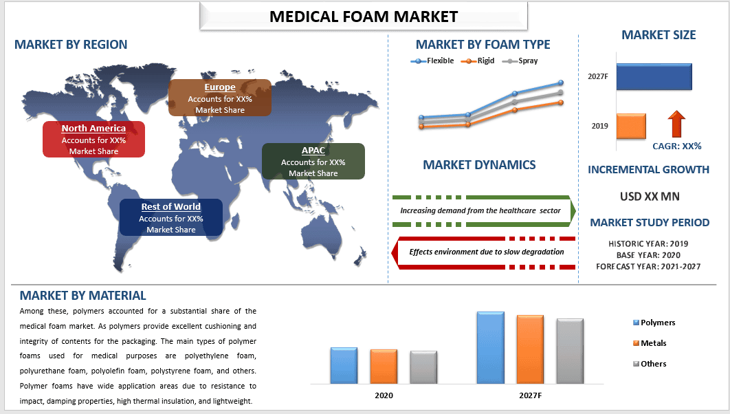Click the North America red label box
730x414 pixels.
93,139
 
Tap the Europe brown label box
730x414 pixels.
220,98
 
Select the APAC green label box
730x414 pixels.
313,161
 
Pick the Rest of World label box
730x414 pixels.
171,217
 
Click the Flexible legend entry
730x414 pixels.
432,61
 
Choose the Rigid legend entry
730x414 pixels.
478,61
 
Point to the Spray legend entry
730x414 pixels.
520,61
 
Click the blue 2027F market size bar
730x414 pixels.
654,76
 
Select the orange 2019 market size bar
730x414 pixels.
631,126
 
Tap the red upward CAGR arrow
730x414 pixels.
676,124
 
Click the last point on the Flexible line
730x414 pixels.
561,83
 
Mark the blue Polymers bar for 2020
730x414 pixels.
344,366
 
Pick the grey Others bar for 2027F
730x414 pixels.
570,351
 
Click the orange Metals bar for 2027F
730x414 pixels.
530,349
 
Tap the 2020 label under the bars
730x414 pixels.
384,395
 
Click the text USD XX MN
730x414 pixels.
650,197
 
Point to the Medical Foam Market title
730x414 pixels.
364,17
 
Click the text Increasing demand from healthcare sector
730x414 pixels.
480,210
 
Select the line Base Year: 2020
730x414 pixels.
648,255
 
